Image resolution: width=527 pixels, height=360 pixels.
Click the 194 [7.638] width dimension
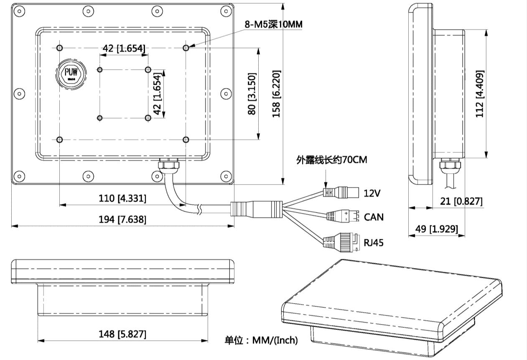point(122,219)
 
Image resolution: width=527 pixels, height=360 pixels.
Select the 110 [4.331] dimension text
point(122,198)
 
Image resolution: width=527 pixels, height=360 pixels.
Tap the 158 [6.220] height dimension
point(276,94)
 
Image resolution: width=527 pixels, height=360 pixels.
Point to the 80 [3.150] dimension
point(252,94)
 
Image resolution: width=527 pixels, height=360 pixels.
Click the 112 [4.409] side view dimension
point(480,94)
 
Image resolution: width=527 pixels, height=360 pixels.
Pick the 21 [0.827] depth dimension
point(461,201)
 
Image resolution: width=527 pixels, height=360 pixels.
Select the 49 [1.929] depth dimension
point(437,229)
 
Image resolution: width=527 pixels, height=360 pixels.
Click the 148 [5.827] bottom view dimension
point(122,334)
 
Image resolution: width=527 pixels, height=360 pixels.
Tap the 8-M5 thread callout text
point(273,25)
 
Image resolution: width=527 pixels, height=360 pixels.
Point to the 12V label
point(372,193)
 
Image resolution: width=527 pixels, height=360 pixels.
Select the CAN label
point(374,217)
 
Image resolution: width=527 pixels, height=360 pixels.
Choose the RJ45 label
point(373,242)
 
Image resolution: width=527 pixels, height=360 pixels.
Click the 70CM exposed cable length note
point(332,160)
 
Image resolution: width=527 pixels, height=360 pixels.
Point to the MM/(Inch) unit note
point(262,340)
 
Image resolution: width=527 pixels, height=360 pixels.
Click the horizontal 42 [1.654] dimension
point(124,49)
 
